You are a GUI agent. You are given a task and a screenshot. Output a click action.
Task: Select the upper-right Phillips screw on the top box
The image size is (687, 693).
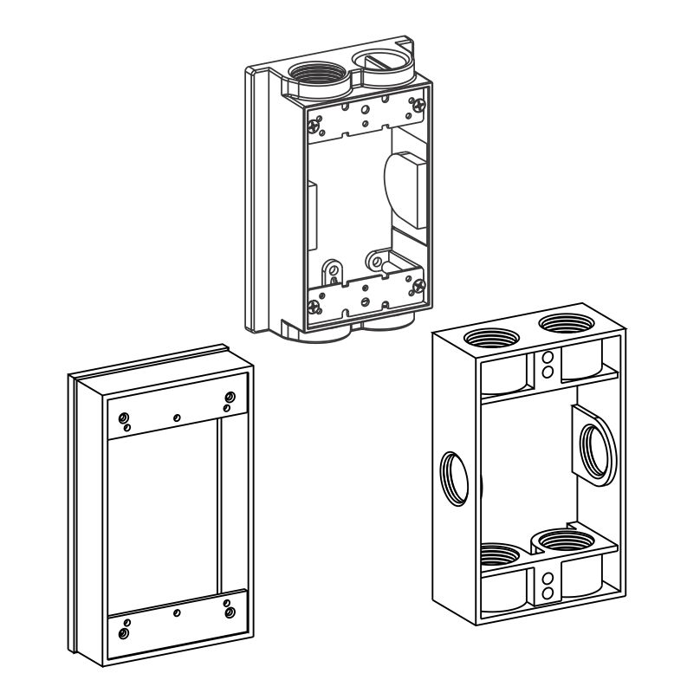click(419, 106)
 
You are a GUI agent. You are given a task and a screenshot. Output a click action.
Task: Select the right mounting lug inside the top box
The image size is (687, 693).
click(377, 259)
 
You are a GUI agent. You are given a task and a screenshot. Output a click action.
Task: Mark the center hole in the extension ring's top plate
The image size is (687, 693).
click(177, 418)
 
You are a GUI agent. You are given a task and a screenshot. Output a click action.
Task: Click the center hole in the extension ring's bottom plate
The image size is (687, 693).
click(177, 612)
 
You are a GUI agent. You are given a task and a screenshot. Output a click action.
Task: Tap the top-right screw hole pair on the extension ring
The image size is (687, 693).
click(229, 401)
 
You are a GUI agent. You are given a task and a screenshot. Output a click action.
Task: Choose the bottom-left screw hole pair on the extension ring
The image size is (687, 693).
click(126, 629)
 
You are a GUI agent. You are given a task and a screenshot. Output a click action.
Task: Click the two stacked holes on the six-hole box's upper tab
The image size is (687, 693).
click(547, 365)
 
